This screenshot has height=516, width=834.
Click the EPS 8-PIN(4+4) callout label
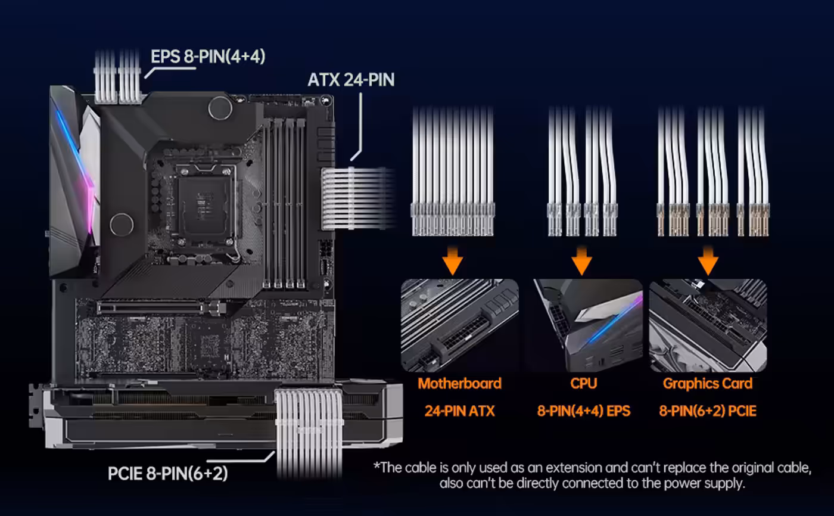[208, 57]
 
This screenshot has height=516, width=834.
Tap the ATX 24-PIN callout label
[351, 80]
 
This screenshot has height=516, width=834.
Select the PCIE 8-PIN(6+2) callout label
[167, 474]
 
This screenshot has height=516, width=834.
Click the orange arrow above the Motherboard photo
[453, 260]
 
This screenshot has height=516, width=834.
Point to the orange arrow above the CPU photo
[581, 260]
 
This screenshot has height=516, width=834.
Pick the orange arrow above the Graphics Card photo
[708, 260]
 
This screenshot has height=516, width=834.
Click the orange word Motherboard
[459, 384]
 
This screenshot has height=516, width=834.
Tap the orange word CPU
[583, 384]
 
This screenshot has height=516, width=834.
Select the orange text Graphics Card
[708, 384]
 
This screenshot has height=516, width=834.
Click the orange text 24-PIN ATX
[459, 411]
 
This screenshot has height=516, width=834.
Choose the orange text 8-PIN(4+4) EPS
[583, 411]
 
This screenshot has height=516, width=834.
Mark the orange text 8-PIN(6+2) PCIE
[708, 411]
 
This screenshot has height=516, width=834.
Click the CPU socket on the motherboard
[203, 205]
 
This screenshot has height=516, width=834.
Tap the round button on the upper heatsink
[220, 108]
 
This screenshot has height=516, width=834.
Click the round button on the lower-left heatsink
[122, 225]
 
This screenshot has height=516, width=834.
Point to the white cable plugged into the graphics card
[309, 432]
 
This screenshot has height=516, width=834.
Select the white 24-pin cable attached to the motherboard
[357, 198]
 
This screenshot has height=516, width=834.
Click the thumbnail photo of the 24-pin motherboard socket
[459, 325]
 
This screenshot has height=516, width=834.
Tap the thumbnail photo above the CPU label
[587, 325]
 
